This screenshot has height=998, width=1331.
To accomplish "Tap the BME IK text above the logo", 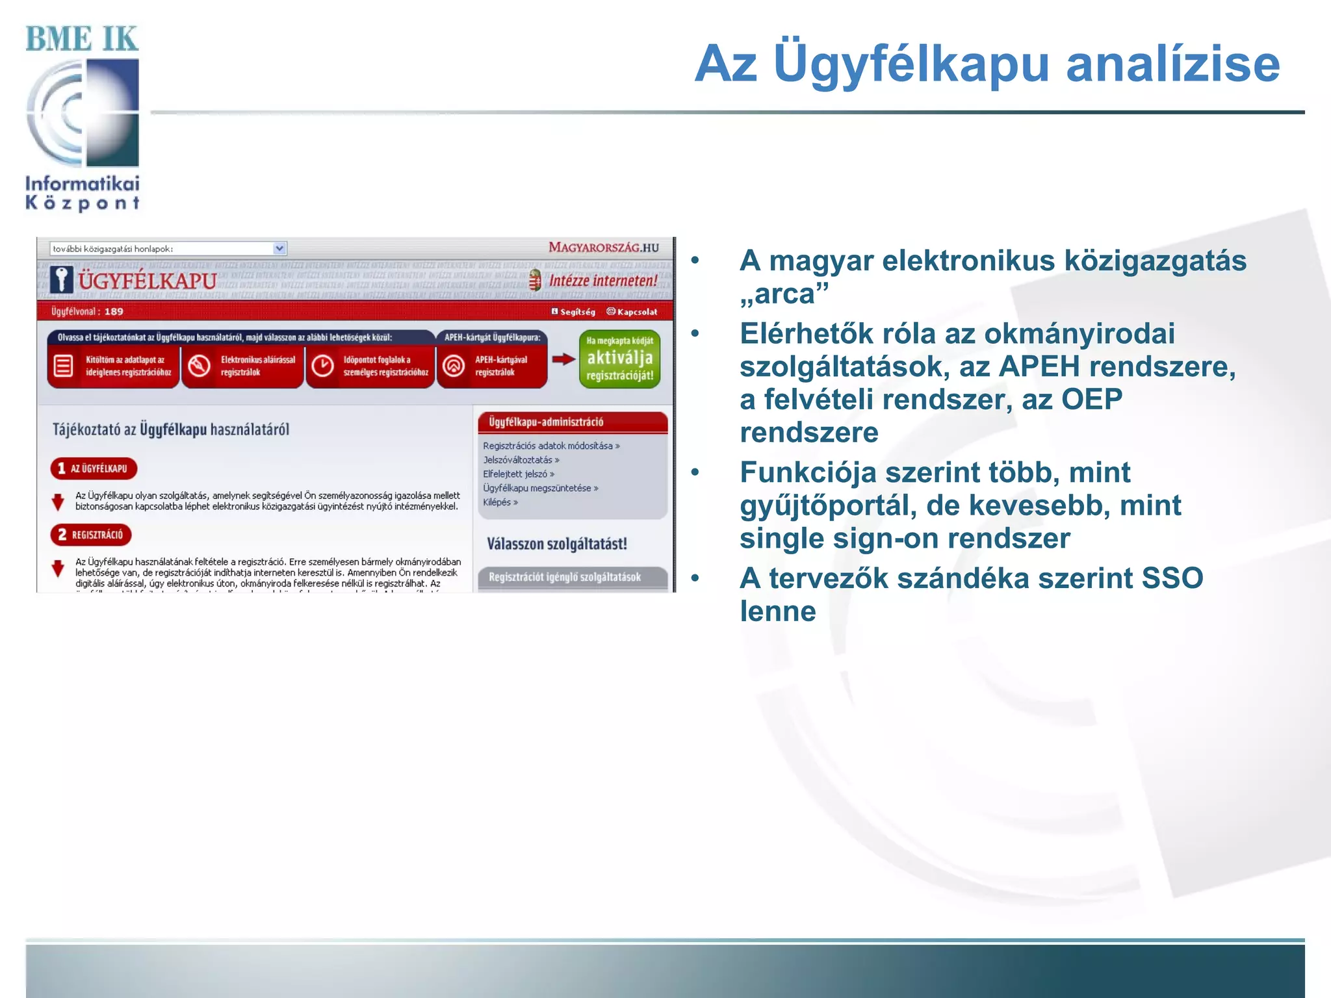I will [82, 39].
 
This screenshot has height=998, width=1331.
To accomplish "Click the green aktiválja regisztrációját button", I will [619, 359].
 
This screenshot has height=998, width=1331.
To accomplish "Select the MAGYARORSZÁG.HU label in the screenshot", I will [603, 248].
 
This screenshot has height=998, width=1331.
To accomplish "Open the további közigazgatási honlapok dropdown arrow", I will [279, 248].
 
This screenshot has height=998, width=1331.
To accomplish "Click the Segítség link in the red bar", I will [574, 312].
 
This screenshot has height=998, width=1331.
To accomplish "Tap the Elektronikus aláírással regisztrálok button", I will [243, 366].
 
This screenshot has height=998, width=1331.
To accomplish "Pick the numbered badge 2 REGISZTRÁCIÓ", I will [91, 535].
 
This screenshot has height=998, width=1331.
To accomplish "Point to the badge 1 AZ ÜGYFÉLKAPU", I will [94, 468].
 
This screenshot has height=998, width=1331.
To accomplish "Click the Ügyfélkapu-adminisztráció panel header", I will [572, 422].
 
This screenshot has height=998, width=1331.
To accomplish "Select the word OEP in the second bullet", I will [1091, 400].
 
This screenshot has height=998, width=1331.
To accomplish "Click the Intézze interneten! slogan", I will [602, 281].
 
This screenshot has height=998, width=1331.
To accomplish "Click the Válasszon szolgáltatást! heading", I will [557, 544].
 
